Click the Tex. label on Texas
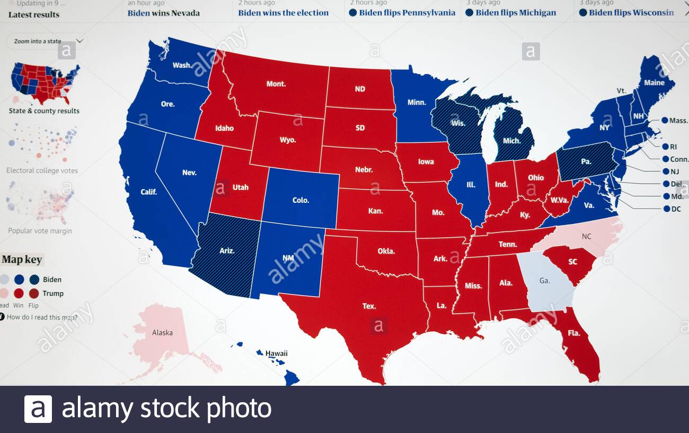tap(369, 306)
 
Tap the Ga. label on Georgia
tap(544, 281)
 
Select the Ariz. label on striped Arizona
tap(227, 251)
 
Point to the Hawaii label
tap(276, 353)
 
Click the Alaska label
tap(162, 333)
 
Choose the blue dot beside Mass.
tap(664, 120)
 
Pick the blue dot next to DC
tap(666, 209)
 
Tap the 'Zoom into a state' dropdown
tap(47, 41)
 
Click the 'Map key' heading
tap(22, 259)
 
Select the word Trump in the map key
tap(53, 293)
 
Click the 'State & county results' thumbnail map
tap(45, 84)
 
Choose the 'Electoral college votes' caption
tap(42, 171)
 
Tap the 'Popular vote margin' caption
tap(40, 231)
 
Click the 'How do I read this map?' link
tap(41, 317)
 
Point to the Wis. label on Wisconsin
tap(458, 123)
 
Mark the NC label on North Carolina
tap(586, 236)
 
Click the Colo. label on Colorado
tap(301, 201)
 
